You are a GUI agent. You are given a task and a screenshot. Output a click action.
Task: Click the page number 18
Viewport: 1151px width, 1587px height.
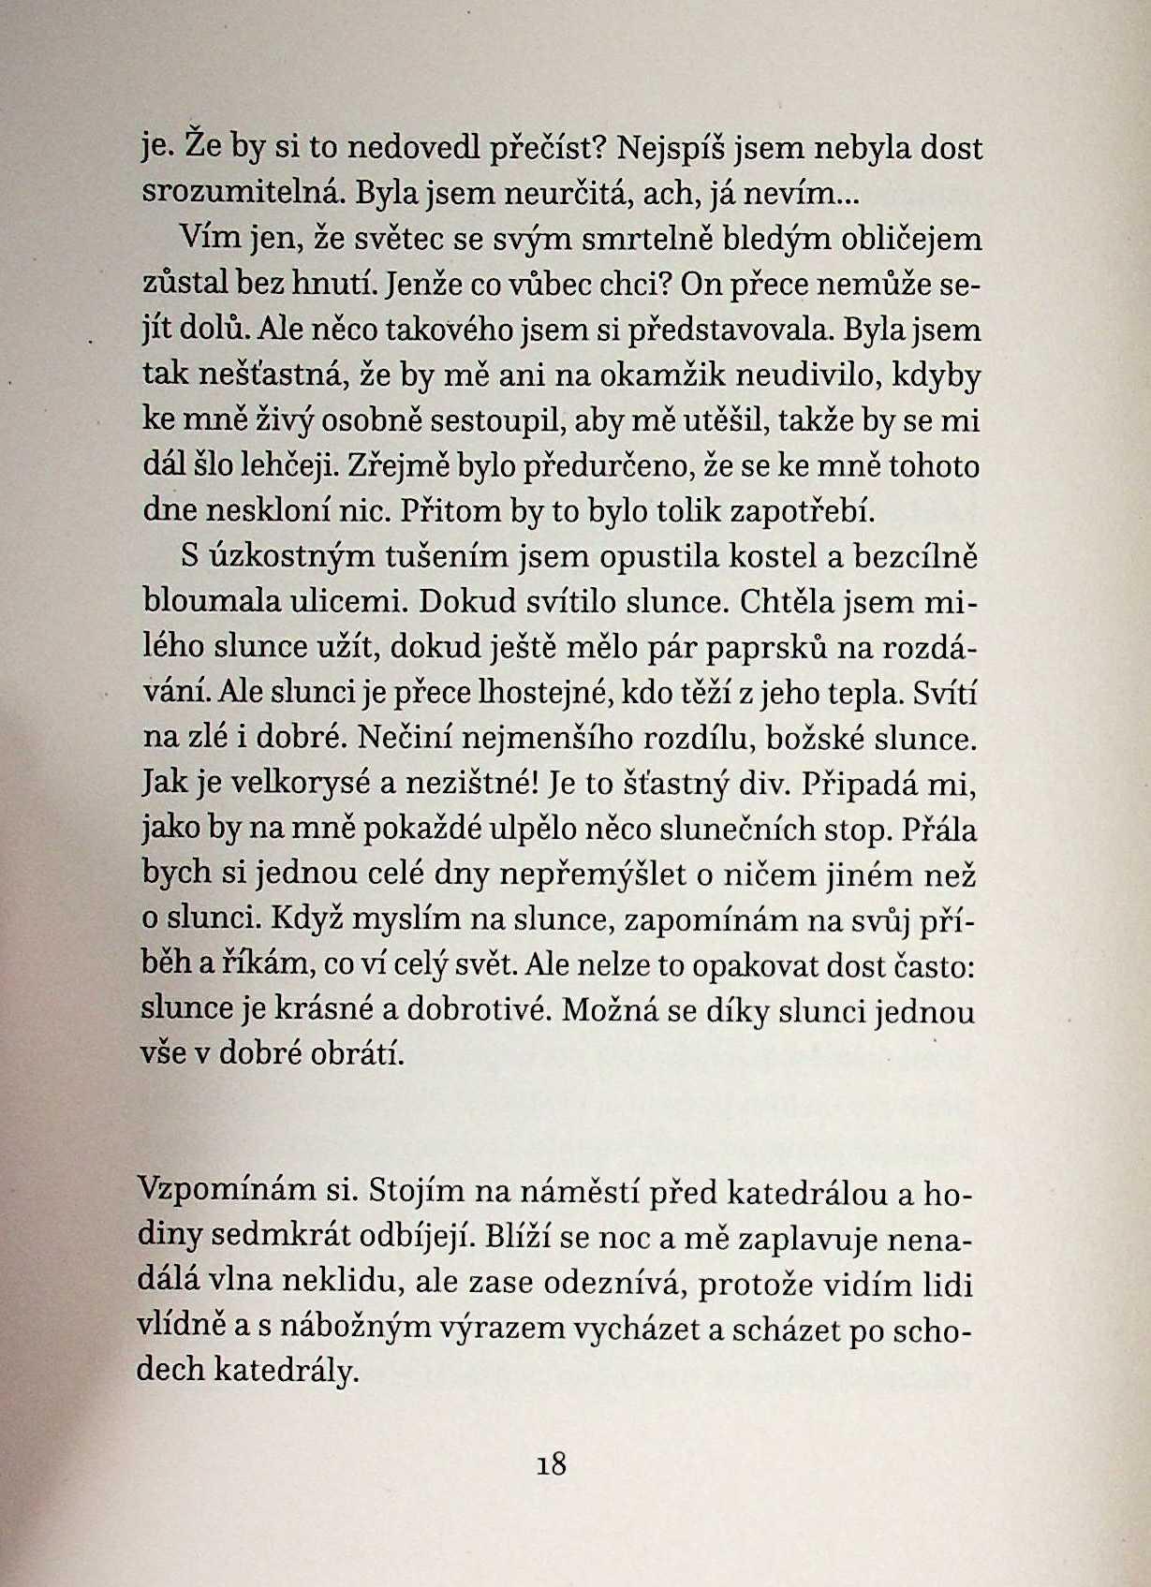pos(553,1462)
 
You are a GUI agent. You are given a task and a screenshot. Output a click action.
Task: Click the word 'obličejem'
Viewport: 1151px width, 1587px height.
pos(903,240)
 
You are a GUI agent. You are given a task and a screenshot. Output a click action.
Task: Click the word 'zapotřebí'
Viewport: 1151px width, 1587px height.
pos(803,511)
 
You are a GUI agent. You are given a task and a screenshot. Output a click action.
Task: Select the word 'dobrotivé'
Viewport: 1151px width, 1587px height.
pos(476,1010)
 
